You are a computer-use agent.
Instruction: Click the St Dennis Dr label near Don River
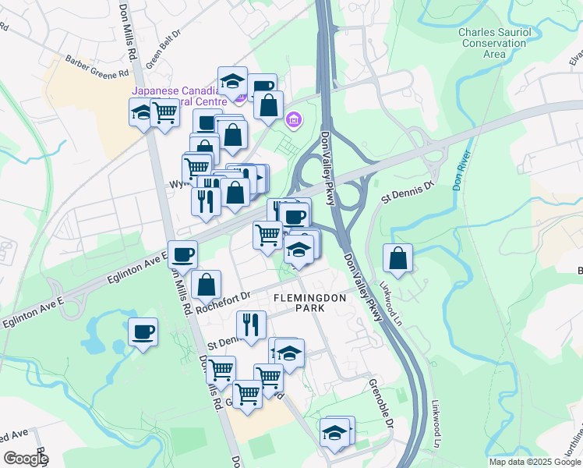click(x=406, y=192)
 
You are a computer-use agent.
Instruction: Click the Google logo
click(x=26, y=459)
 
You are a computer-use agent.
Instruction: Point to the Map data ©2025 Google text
click(x=535, y=462)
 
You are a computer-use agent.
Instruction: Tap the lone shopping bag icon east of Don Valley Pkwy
click(x=397, y=257)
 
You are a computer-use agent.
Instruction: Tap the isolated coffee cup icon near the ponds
click(x=143, y=331)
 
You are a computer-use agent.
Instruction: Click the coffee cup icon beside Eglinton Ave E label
click(x=182, y=254)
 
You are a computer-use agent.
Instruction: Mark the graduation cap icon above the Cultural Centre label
click(x=232, y=80)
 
